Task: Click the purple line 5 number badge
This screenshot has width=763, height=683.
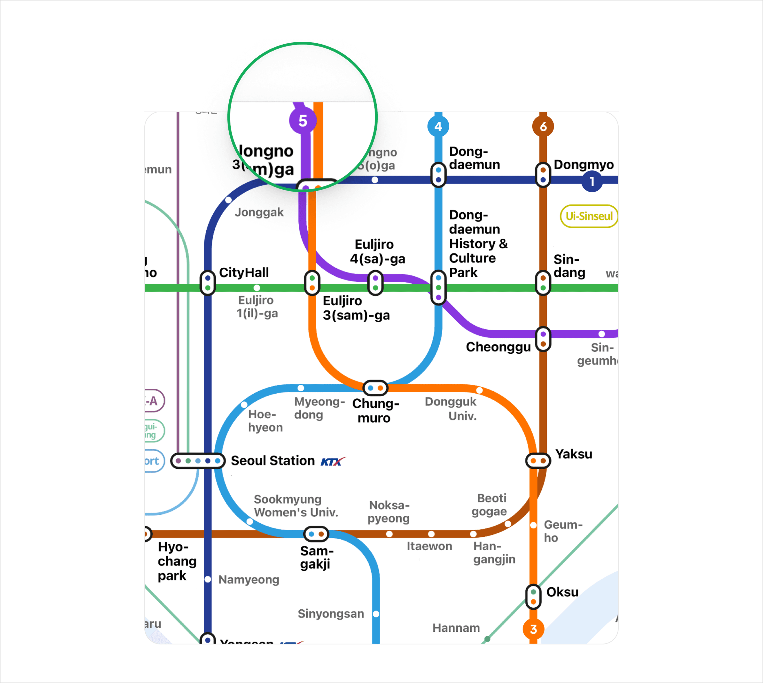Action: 303,121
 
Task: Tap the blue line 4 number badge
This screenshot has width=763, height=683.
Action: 438,126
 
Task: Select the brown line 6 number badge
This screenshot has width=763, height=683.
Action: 543,126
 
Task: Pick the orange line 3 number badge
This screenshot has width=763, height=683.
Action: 533,629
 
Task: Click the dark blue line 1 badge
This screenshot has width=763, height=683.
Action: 592,181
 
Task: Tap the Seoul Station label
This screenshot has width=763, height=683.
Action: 272,460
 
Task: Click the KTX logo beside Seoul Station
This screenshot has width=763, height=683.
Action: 333,461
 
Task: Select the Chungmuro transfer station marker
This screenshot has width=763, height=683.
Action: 375,388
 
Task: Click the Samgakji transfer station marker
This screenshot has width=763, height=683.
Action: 316,534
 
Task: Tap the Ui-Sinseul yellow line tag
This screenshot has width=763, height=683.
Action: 589,216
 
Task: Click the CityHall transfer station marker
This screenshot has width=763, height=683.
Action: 208,283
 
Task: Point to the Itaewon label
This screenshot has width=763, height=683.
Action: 429,546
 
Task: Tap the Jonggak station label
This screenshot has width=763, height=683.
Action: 259,212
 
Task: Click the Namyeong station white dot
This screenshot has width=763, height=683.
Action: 208,579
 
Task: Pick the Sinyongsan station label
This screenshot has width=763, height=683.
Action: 331,613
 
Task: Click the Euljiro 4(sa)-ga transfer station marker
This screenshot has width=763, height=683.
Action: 375,283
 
